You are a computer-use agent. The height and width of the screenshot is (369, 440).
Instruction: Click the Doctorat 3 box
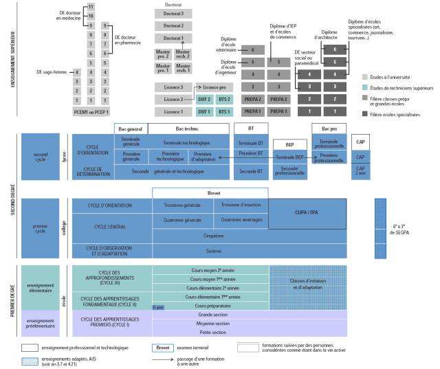click(x=173, y=13)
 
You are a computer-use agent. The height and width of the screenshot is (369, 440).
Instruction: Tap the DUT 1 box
click(x=204, y=111)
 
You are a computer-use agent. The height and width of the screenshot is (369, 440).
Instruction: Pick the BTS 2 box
click(x=224, y=99)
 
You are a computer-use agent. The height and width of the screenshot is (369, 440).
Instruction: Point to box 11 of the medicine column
click(x=91, y=6)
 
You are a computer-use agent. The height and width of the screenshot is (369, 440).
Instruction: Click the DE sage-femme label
click(x=53, y=71)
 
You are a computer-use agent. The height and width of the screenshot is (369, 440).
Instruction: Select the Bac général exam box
click(x=131, y=129)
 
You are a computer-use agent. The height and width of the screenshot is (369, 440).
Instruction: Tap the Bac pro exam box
click(x=328, y=129)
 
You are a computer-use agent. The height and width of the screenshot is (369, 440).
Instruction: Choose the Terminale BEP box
click(x=289, y=157)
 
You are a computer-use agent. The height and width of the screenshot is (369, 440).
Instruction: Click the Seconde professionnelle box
click(x=289, y=171)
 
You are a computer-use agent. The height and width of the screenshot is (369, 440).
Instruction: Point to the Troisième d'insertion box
click(x=240, y=205)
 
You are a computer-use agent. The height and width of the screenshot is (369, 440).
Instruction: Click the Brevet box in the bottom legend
click(x=163, y=348)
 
